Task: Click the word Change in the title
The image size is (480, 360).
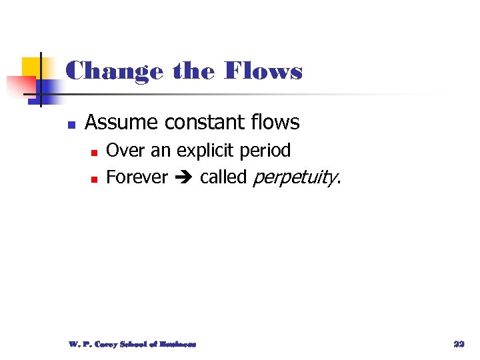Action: click(114, 70)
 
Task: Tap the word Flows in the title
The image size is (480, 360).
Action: click(264, 70)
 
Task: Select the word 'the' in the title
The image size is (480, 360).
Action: click(194, 70)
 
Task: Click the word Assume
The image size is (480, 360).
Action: click(122, 123)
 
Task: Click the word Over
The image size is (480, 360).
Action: click(126, 151)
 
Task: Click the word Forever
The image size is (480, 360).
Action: click(137, 177)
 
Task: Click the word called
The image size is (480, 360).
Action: click(223, 177)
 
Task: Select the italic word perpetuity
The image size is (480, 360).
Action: click(296, 178)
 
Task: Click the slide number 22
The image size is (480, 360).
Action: click(459, 344)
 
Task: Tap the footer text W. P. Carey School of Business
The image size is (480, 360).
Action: click(133, 344)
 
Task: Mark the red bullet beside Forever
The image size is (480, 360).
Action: click(94, 179)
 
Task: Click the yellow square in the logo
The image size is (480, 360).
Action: click(31, 67)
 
